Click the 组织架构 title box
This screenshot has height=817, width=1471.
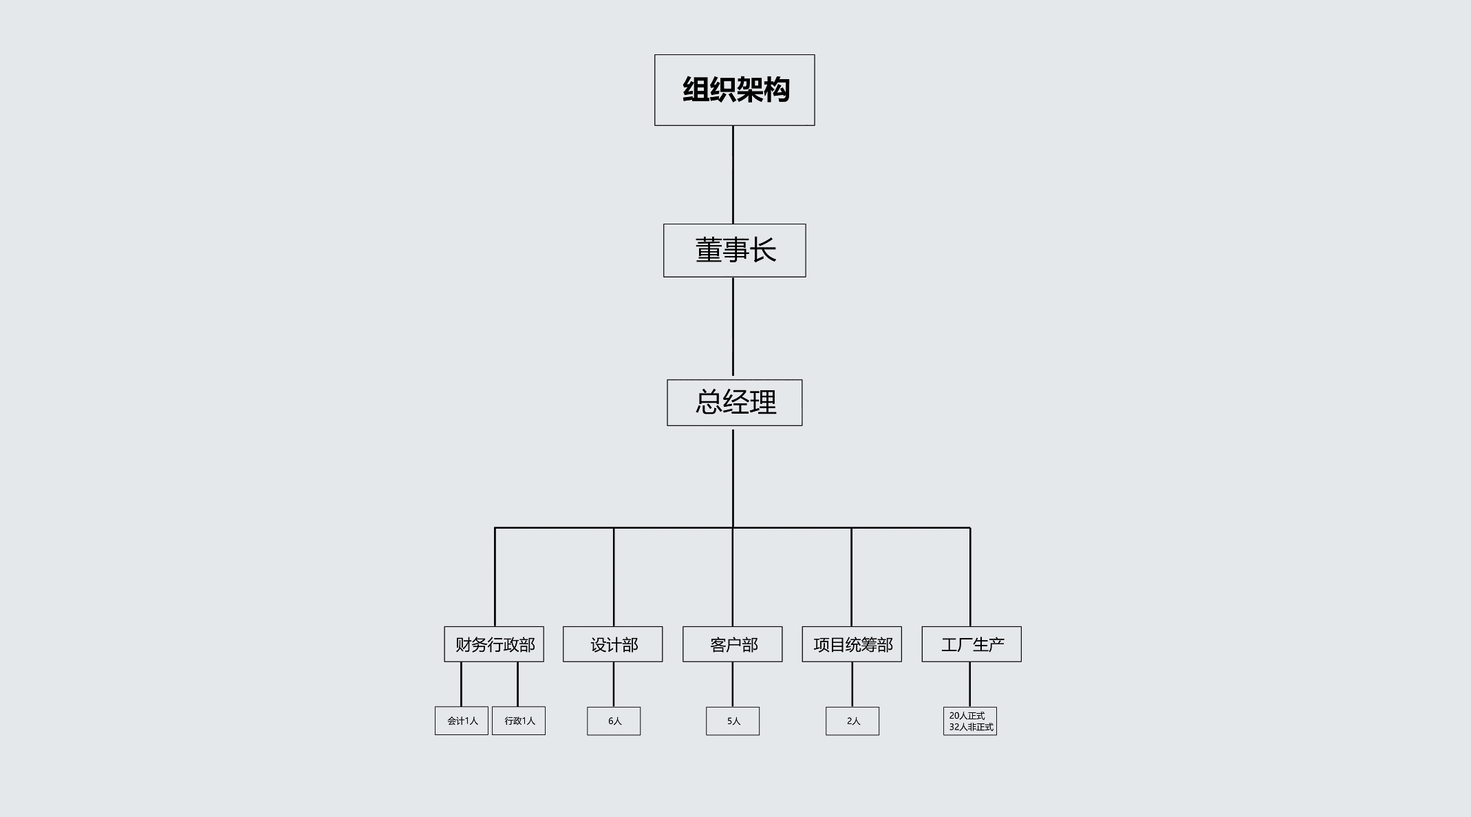tap(734, 90)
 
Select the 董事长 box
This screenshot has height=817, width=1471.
tap(734, 251)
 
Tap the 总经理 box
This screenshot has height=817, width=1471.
tap(734, 403)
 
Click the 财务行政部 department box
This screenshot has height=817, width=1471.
tap(494, 644)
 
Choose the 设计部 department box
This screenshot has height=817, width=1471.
tap(612, 644)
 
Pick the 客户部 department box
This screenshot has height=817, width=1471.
tap(732, 644)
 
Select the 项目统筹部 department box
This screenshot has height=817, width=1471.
tap(852, 644)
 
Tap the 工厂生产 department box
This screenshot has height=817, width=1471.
tap(971, 644)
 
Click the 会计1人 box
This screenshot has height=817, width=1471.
tap(462, 721)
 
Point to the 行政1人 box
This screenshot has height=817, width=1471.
tap(519, 721)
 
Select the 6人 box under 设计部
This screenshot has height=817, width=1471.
tap(614, 721)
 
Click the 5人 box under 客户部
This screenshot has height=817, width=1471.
tap(733, 721)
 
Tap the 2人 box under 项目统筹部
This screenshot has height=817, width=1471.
tap(852, 721)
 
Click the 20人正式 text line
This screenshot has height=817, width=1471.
tap(967, 716)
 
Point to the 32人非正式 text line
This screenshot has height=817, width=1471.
tap(971, 727)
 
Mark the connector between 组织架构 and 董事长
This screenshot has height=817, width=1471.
tap(733, 175)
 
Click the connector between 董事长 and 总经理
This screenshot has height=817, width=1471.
tap(733, 327)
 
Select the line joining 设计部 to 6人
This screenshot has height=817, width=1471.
tap(614, 684)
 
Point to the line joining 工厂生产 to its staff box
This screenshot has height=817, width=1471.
tap(970, 684)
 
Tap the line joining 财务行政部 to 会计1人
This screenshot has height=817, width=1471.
tap(461, 684)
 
